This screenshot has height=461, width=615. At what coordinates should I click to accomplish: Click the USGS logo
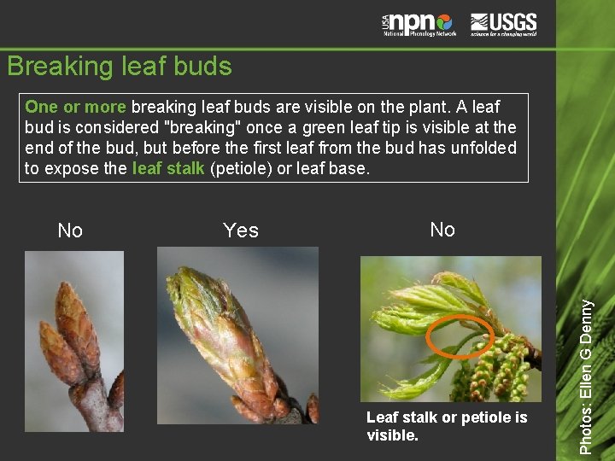(x=503, y=24)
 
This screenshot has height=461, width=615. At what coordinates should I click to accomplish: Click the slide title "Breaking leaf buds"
(x=119, y=67)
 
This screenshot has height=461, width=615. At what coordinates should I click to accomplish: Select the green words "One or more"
(x=75, y=108)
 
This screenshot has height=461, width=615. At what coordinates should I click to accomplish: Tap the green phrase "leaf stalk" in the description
(x=168, y=168)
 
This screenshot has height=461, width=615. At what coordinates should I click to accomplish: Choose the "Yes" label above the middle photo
(x=240, y=230)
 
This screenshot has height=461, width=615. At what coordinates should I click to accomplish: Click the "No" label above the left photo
(x=70, y=230)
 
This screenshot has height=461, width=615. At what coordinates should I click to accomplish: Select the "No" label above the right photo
(x=442, y=230)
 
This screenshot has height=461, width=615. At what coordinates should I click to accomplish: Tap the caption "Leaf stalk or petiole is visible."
(x=446, y=425)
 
